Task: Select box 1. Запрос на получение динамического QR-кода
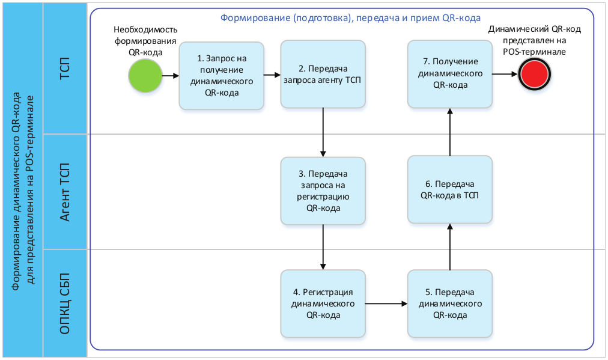[222, 76]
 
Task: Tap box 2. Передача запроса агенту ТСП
[323, 74]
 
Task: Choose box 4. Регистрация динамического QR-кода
[323, 304]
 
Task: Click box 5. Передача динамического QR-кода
[450, 304]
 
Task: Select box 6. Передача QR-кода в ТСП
[450, 190]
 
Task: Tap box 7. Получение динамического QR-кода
[450, 74]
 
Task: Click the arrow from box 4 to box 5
[386, 304]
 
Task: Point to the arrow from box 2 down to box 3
[324, 132]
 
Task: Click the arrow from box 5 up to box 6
[450, 246]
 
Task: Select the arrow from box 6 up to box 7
[450, 132]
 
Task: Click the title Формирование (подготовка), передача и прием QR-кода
[350, 17]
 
